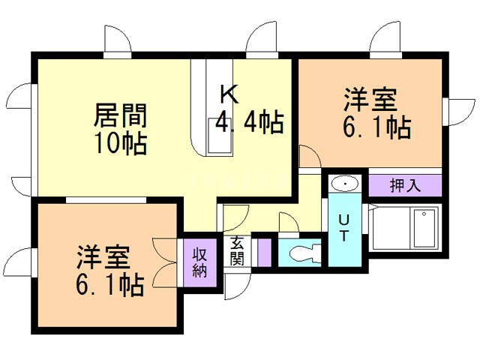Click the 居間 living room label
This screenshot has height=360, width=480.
click(x=120, y=115)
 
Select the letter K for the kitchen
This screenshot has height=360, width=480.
click(x=229, y=94)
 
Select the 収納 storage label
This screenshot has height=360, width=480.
click(x=199, y=262)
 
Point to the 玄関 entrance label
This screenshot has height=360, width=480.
click(x=237, y=251)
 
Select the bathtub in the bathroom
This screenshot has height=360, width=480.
click(x=421, y=229)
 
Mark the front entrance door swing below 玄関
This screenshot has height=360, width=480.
click(x=238, y=283)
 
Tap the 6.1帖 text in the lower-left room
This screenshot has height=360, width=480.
click(x=109, y=284)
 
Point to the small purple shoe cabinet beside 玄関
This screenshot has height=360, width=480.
click(x=262, y=251)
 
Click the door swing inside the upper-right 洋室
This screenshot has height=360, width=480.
click(x=309, y=157)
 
